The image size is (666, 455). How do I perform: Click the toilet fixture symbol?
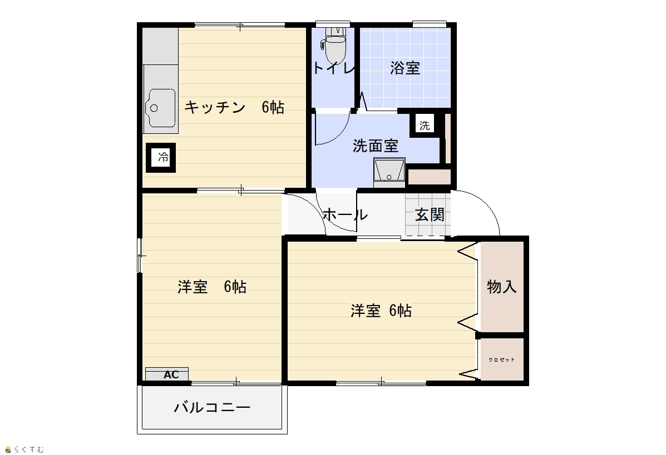334,44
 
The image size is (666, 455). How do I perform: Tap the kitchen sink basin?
161,108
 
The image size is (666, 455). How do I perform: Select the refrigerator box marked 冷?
161,157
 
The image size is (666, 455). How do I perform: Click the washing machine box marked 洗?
425,125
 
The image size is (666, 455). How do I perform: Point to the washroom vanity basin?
389,172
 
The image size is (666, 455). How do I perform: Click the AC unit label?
171,375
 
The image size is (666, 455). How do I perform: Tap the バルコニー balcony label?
212,408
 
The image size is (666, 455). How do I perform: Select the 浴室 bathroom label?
405,68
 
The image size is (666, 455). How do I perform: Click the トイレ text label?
333,68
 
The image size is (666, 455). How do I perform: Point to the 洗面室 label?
376,146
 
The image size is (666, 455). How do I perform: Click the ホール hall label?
345,214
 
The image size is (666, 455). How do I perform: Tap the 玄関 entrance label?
430,214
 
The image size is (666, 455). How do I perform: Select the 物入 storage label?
502,287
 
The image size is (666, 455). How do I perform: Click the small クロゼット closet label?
502,359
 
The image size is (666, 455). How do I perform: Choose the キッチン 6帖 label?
234,107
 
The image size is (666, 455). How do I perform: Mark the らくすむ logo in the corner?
24,449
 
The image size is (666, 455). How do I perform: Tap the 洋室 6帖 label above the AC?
212,287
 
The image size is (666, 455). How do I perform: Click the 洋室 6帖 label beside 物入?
381,311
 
